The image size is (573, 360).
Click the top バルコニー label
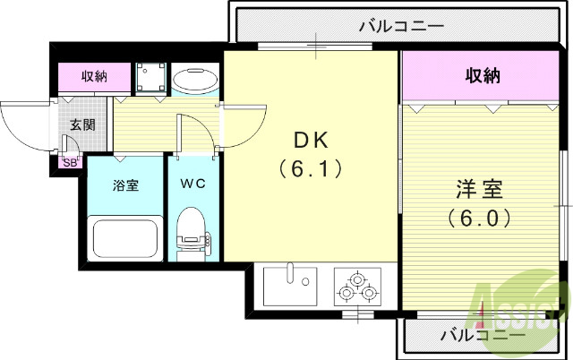401,25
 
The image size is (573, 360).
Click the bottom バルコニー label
483,336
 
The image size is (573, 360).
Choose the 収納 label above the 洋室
482,76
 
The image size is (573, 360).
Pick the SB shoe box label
70,163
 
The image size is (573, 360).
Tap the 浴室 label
124,185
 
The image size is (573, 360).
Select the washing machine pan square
149,78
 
